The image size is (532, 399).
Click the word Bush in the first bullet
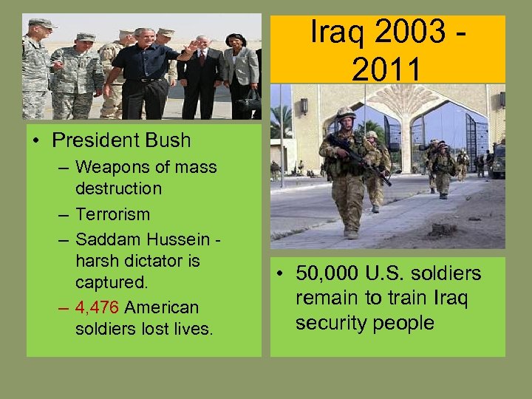pyautogui.click(x=167, y=140)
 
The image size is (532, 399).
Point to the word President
pyautogui.click(x=92, y=140)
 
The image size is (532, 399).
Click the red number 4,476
pyautogui.click(x=100, y=307)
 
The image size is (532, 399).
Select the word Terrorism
pyautogui.click(x=112, y=214)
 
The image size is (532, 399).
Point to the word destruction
pyautogui.click(x=118, y=188)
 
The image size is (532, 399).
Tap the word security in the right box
pyautogui.click(x=330, y=323)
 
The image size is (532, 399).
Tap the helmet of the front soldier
pyautogui.click(x=346, y=112)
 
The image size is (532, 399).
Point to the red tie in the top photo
pyautogui.click(x=202, y=58)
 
